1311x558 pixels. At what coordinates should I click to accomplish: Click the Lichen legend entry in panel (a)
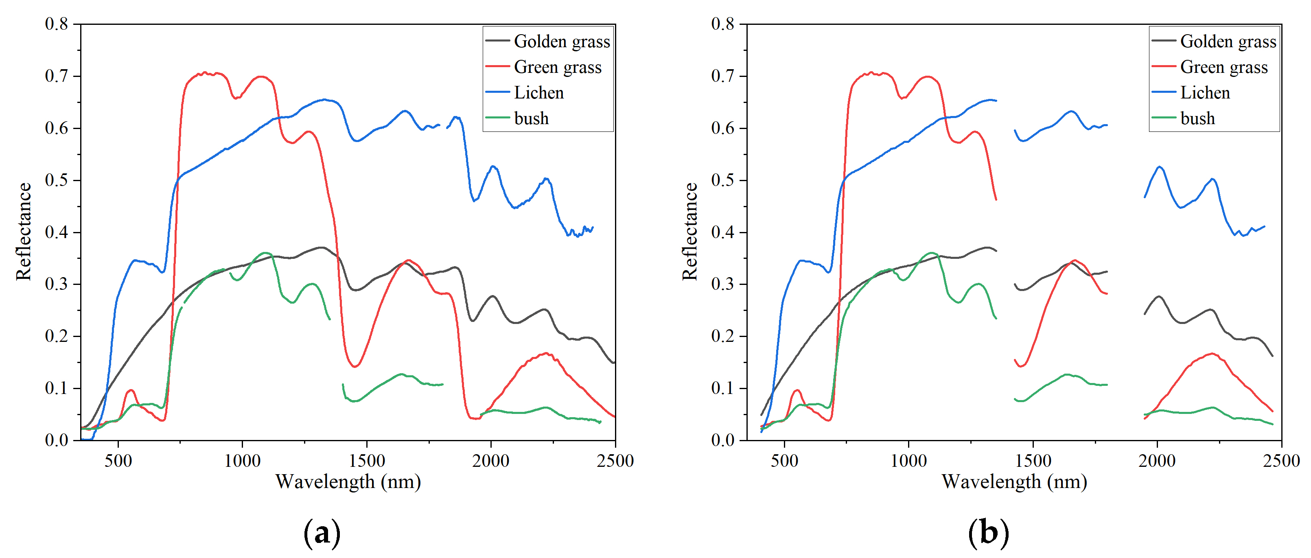point(538,93)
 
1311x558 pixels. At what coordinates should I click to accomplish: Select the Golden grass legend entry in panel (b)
point(1228,41)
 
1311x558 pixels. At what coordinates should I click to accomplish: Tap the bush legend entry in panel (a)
point(531,118)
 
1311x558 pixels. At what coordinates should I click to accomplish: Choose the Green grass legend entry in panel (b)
point(1223,67)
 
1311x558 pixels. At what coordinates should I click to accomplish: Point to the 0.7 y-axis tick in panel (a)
point(56,76)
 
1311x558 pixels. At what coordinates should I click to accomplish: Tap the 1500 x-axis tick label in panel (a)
point(366,461)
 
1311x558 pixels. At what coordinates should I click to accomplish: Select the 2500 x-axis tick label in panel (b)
point(1281,461)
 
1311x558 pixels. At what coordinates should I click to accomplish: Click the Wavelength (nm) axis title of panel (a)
point(348,481)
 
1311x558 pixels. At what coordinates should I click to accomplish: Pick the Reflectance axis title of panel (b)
point(689,232)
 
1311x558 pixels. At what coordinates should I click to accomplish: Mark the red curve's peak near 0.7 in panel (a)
point(205,73)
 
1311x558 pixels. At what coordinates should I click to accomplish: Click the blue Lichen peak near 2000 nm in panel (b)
point(1160,167)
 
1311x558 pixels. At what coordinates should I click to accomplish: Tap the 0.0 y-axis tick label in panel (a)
point(56,440)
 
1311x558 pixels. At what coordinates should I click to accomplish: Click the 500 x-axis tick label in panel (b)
point(784,461)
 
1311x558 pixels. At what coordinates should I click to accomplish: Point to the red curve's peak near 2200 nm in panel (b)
point(1212,354)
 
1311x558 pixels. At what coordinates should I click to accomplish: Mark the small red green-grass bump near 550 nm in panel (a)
point(131,390)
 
